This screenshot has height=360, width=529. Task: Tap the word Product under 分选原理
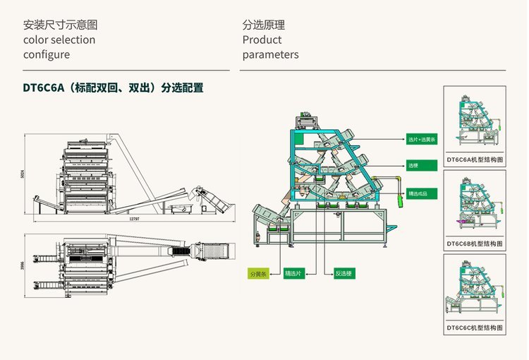pos(262,40)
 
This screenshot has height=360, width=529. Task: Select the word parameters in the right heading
pos(270,54)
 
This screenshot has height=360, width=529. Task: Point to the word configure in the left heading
pos(47,54)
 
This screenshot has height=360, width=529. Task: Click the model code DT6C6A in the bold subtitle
pos(45,88)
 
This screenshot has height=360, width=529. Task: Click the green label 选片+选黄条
pos(422,140)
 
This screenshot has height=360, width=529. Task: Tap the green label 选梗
pos(413,166)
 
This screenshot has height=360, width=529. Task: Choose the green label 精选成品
pos(418,193)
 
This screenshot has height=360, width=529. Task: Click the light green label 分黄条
pos(258,272)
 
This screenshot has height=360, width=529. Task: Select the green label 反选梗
pos(343,272)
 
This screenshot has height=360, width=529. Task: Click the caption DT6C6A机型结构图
pos(475,160)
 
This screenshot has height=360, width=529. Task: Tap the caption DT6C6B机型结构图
pos(475,244)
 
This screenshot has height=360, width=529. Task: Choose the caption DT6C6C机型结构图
pos(475,328)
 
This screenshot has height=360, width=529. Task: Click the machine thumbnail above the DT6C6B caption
pos(475,204)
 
